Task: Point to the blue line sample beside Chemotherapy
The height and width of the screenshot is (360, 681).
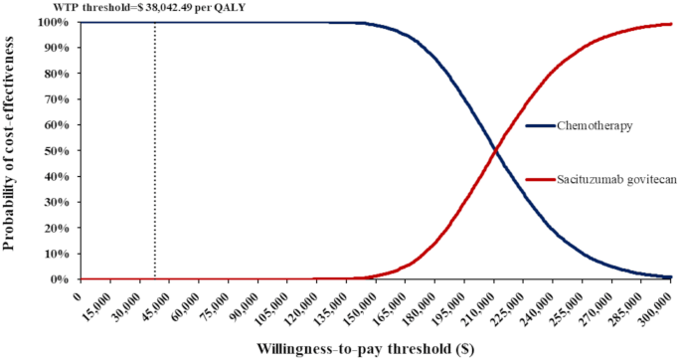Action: (541, 125)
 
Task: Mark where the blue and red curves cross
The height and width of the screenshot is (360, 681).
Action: (494, 150)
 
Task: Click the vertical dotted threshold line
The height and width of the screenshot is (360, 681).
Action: (154, 149)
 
